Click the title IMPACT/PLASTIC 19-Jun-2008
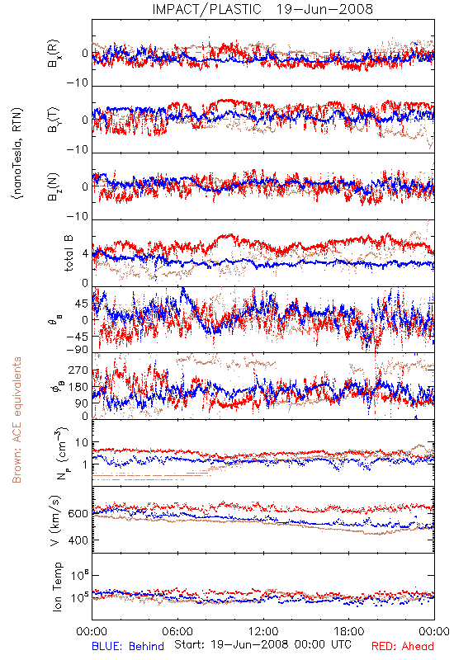(x=262, y=9)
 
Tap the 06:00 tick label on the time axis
(x=177, y=631)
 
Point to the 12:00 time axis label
(x=263, y=631)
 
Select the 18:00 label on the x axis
(x=348, y=631)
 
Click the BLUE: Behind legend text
(x=128, y=646)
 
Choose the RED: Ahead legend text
(x=403, y=646)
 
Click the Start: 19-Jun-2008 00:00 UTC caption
(x=262, y=644)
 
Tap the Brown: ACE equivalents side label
(x=17, y=420)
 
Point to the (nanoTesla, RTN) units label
(x=17, y=153)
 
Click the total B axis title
(x=69, y=253)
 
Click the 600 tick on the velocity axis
(x=78, y=514)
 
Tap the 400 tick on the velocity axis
(x=78, y=540)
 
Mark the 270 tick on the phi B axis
(x=78, y=370)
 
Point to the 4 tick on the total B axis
(x=85, y=254)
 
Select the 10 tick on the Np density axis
(x=82, y=443)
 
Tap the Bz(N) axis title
(x=54, y=186)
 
